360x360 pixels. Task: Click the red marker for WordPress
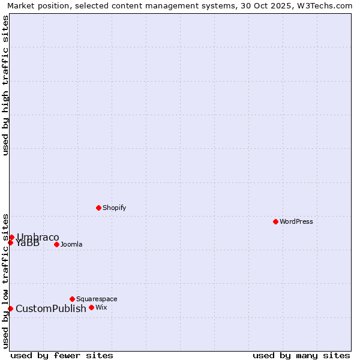(x=275, y=221)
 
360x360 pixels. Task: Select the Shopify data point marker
(x=98, y=208)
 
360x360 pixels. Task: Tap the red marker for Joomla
(x=56, y=244)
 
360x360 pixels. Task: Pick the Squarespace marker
(x=72, y=299)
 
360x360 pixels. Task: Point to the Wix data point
(x=91, y=307)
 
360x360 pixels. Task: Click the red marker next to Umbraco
(x=11, y=237)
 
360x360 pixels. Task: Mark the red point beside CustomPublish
(x=10, y=308)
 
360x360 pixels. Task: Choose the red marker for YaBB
(x=10, y=242)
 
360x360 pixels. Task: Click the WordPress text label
(x=296, y=221)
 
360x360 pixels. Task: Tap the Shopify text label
(x=115, y=208)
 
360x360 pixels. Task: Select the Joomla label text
(x=71, y=244)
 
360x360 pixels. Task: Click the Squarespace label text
(x=97, y=299)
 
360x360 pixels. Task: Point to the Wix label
(x=101, y=307)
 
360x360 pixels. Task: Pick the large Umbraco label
(x=38, y=237)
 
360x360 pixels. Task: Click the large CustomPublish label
(x=51, y=308)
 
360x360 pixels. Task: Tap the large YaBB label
(x=28, y=243)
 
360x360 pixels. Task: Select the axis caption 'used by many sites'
(x=301, y=355)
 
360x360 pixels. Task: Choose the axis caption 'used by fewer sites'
(x=62, y=355)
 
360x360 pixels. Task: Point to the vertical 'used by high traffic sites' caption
(x=5, y=85)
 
